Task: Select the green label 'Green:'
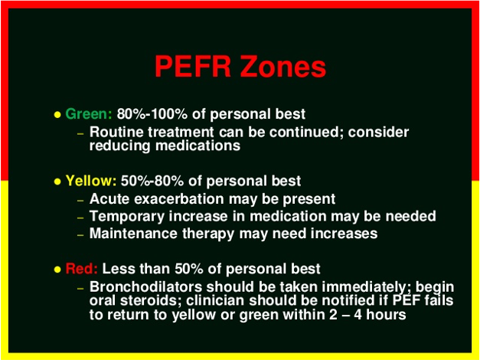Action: (89, 114)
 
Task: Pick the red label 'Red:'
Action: (82, 269)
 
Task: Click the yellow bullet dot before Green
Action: (57, 115)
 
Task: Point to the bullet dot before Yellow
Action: (57, 182)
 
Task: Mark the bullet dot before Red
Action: (57, 270)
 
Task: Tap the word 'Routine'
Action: (115, 132)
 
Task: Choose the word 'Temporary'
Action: (125, 217)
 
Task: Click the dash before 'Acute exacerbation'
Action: (80, 200)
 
